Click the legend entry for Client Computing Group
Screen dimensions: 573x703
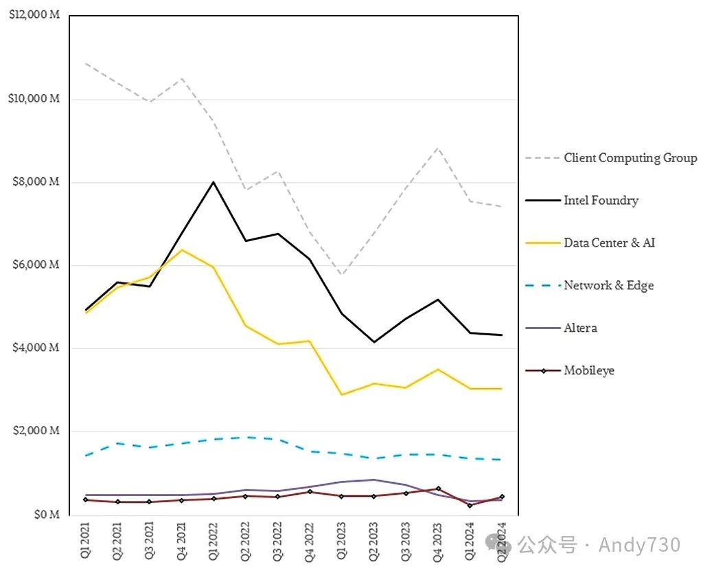pos(630,158)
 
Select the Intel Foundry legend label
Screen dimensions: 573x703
pos(601,201)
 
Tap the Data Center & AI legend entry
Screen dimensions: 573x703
pos(609,243)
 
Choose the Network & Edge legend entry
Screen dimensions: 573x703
pos(608,285)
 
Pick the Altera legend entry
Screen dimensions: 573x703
pos(580,328)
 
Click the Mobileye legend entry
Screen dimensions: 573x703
pos(589,370)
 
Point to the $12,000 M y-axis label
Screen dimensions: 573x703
pos(34,16)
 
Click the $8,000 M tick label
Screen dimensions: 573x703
pos(36,182)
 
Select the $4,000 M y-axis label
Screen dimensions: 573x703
pos(36,348)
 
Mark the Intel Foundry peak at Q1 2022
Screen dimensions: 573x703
pos(214,182)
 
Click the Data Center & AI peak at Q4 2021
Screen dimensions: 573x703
pos(181,249)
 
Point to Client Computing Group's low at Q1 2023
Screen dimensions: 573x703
pos(342,275)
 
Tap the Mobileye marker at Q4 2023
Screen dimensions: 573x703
pos(438,488)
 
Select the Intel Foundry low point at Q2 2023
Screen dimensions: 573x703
pos(374,341)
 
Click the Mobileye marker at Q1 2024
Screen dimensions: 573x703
pos(470,505)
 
